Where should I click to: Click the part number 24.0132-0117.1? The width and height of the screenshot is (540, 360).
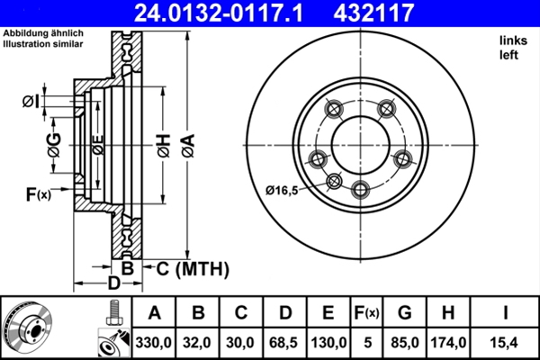click(229, 13)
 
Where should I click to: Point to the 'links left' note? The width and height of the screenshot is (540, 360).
click(510, 48)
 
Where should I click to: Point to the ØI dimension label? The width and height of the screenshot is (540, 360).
click(31, 100)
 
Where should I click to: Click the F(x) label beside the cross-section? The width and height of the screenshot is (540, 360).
click(38, 193)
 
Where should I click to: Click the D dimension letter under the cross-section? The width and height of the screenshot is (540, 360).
click(113, 284)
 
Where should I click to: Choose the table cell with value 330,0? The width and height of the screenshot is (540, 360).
click(154, 342)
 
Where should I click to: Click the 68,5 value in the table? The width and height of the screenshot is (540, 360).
click(285, 342)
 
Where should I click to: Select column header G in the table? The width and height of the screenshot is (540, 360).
click(404, 313)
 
